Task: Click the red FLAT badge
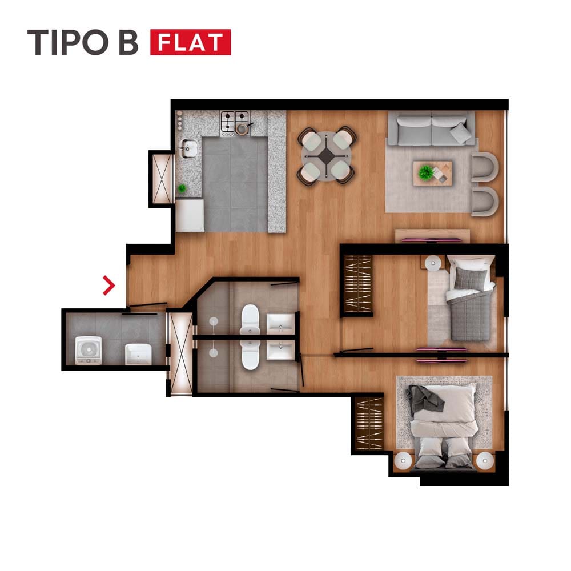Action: [x=191, y=42]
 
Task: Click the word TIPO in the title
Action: [x=68, y=42]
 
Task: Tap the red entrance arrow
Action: [x=109, y=285]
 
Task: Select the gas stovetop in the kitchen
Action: [x=235, y=122]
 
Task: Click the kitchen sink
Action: [x=188, y=148]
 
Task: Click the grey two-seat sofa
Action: [x=432, y=128]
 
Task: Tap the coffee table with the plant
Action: [x=433, y=174]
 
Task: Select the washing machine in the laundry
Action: [x=88, y=351]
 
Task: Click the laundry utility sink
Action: [x=138, y=355]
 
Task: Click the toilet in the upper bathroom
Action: [x=250, y=319]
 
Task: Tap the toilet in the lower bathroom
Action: [x=251, y=355]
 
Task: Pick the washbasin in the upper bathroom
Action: [x=280, y=324]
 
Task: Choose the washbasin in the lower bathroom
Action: [x=280, y=350]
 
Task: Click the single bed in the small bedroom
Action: [x=470, y=299]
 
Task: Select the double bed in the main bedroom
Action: [x=444, y=426]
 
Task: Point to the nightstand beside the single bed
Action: [x=433, y=263]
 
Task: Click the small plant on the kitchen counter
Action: [x=182, y=188]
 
